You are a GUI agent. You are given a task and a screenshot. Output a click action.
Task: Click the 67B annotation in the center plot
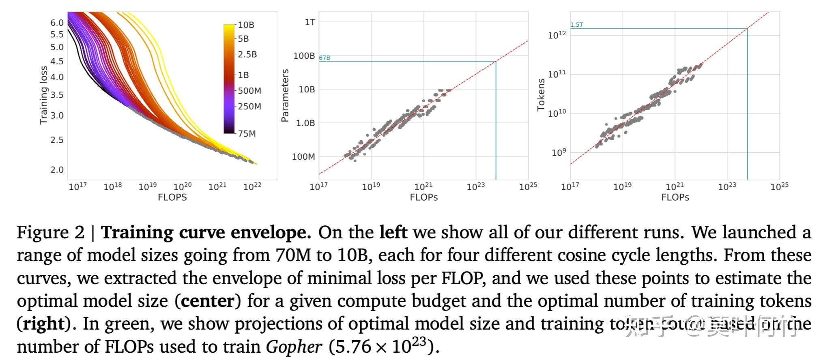(324, 58)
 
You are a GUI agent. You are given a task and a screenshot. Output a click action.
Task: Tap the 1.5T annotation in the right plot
(576, 25)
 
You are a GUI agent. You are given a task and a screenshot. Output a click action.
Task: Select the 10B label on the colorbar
(246, 25)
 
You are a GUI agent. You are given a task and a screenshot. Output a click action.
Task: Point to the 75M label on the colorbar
(247, 133)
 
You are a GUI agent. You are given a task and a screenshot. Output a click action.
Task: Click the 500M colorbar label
(249, 90)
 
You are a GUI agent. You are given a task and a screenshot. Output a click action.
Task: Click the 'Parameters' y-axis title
(285, 95)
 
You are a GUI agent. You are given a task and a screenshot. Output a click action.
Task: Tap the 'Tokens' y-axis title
(541, 95)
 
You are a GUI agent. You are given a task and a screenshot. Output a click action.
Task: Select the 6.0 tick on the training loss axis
(57, 23)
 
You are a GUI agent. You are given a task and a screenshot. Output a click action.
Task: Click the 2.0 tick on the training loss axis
(57, 170)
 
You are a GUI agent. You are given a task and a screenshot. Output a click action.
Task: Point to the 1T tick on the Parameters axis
(309, 22)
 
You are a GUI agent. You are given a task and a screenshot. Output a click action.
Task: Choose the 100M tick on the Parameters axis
(303, 156)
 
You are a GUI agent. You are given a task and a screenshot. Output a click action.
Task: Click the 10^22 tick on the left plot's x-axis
(252, 186)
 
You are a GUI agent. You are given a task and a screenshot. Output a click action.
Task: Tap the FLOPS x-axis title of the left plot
(172, 197)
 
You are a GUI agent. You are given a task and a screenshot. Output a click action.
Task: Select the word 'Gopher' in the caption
(294, 347)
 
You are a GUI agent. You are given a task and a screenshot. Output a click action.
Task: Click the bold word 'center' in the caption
(208, 301)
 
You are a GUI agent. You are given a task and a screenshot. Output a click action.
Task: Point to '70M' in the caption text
(292, 255)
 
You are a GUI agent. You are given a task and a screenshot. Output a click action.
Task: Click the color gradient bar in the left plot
(229, 79)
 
